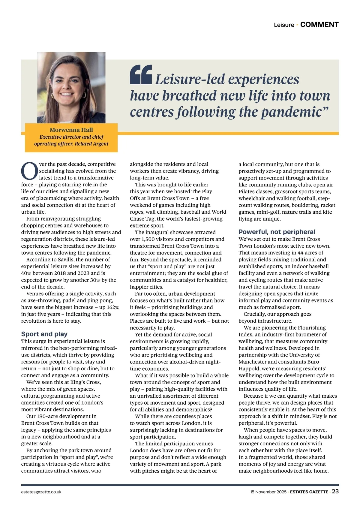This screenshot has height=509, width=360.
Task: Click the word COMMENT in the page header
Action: point(319,25)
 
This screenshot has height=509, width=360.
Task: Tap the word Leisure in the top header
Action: point(284,25)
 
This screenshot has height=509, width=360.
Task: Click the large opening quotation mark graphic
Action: point(141,74)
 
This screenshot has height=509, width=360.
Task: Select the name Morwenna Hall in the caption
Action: point(71,130)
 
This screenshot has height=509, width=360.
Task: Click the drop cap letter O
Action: point(29,171)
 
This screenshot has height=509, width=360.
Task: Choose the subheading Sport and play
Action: point(44,334)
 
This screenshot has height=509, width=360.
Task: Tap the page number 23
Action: point(335,491)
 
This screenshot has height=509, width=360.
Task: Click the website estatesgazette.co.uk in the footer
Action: point(41,492)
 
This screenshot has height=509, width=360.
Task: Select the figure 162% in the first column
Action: point(112,307)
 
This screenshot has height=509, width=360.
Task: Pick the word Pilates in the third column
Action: point(248,191)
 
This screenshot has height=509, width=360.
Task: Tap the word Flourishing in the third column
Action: point(311,328)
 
